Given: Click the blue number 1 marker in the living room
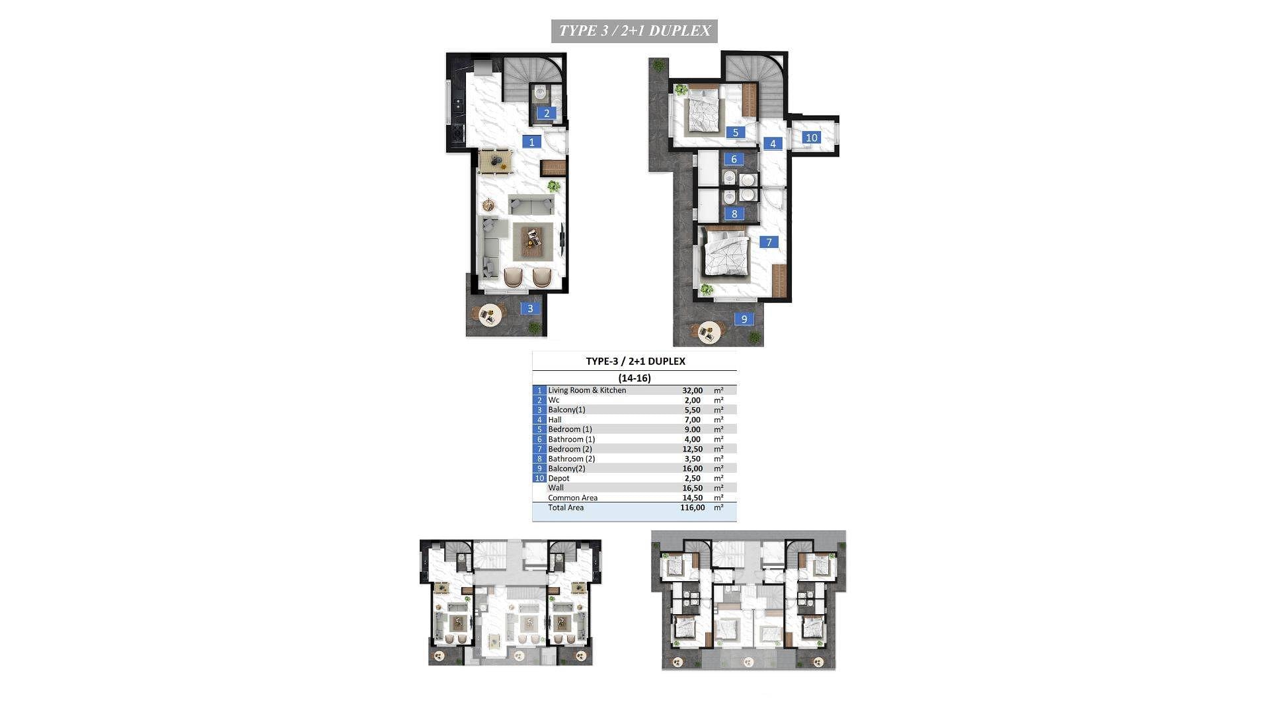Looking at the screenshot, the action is (x=531, y=141).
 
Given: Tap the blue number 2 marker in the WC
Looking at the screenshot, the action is (x=546, y=113).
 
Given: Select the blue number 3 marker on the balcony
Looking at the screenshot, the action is (x=529, y=308).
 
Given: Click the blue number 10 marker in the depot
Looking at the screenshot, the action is (x=811, y=138).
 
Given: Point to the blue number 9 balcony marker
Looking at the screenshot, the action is (x=744, y=319).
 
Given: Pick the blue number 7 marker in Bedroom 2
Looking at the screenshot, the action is (x=769, y=242).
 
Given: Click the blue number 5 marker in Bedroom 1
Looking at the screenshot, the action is (x=735, y=132).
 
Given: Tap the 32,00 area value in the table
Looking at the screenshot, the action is (x=692, y=391).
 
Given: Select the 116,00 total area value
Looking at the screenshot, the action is (x=692, y=508).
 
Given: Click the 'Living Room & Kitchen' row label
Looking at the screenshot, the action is (x=587, y=390).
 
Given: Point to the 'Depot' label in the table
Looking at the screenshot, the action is (x=558, y=478).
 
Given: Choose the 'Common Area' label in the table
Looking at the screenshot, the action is (x=572, y=498).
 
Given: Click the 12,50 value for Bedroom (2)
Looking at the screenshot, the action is (x=692, y=449).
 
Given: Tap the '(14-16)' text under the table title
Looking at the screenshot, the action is (x=634, y=378).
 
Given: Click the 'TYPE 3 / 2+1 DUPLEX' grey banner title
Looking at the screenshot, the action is (x=634, y=30).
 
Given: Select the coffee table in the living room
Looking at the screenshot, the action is (x=533, y=241).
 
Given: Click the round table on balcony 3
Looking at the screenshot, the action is (x=490, y=315).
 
